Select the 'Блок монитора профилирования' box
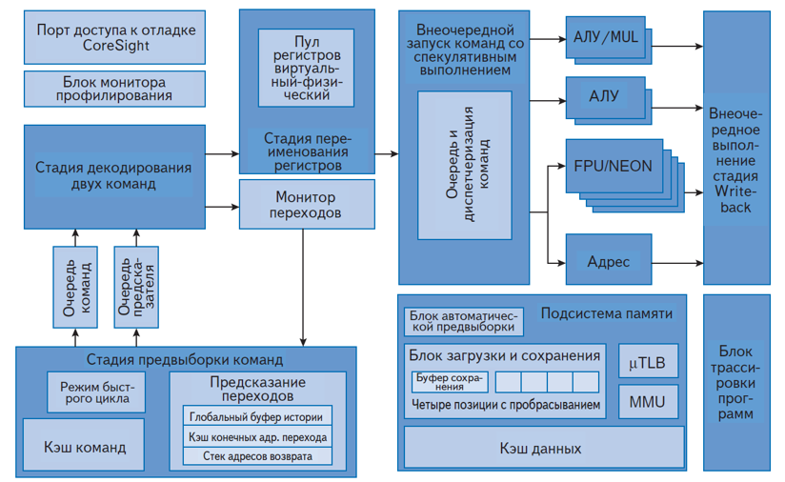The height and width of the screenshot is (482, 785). coord(115,89)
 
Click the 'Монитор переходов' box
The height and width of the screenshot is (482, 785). coord(306,205)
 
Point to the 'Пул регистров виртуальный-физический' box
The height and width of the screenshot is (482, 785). coord(306,68)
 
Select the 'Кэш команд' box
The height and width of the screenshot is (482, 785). coord(85,446)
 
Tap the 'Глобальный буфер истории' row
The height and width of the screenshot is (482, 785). coord(260,416)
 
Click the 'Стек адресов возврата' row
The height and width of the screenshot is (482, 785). coord(260,456)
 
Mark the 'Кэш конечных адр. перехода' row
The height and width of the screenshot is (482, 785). coord(260,436)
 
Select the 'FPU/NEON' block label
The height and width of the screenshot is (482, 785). coord(613,166)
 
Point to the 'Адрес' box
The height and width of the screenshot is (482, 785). coord(608,261)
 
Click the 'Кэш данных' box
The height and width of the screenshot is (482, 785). coord(543,448)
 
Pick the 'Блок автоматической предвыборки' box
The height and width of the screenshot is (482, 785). coord(464,321)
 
